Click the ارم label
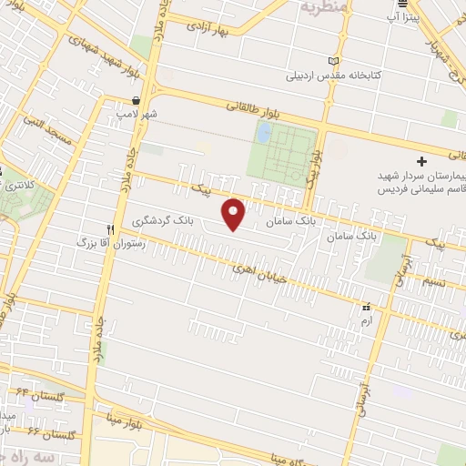tap(366, 321)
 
